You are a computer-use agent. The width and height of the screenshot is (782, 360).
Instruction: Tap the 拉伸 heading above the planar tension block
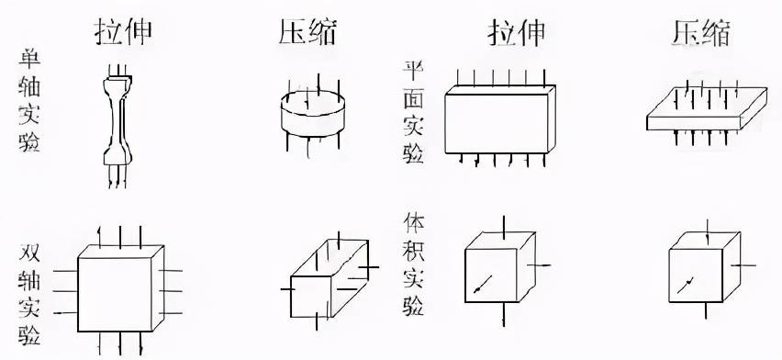tap(516, 32)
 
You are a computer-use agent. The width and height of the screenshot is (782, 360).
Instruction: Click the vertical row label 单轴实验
tap(28, 102)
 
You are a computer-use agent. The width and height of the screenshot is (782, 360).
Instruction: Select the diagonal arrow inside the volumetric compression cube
tap(685, 283)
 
